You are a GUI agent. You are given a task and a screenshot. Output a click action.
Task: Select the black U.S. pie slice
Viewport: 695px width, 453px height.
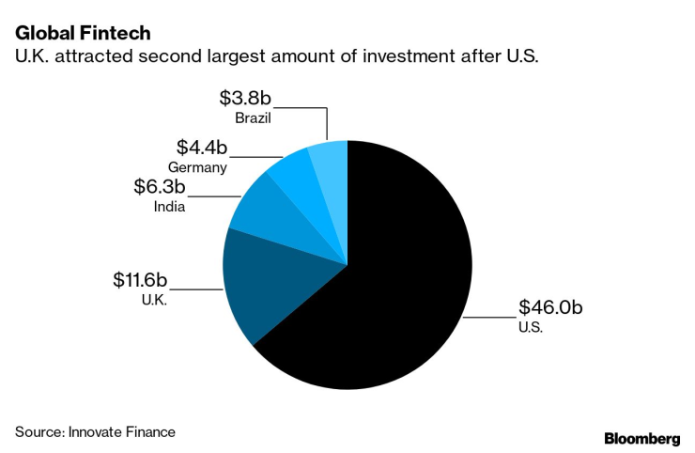[394, 282]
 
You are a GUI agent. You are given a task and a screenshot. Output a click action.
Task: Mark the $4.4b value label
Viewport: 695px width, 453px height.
[202, 148]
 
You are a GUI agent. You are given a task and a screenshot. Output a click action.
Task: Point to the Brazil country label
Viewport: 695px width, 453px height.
[255, 118]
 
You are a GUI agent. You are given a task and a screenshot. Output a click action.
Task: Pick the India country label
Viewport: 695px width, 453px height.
[169, 207]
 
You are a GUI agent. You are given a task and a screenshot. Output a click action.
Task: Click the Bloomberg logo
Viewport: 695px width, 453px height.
[641, 439]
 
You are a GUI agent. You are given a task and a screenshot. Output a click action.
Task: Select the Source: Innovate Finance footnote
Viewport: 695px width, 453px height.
[95, 431]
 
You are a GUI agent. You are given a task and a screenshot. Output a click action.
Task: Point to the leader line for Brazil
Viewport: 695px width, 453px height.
[310, 108]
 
